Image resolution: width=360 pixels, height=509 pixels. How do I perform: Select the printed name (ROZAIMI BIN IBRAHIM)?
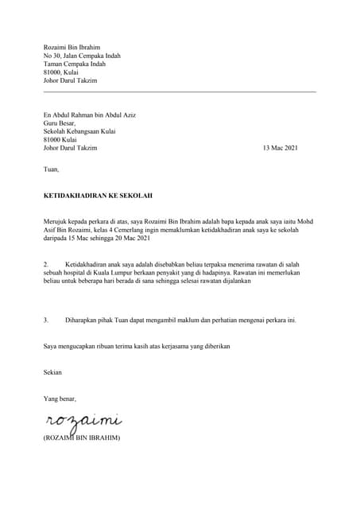pyautogui.click(x=81, y=437)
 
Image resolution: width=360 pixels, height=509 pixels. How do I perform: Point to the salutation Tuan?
pyautogui.click(x=51, y=169)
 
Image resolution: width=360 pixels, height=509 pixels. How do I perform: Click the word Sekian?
pyautogui.click(x=52, y=372)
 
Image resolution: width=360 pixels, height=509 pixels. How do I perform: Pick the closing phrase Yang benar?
pyautogui.click(x=60, y=398)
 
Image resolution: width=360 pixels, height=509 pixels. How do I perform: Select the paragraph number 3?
pyautogui.click(x=46, y=321)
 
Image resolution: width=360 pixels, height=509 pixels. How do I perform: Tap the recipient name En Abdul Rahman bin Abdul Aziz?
pyautogui.click(x=89, y=115)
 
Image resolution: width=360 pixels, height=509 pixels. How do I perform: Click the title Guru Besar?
pyautogui.click(x=61, y=123)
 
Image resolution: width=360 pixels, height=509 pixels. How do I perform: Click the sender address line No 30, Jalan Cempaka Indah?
pyautogui.click(x=81, y=57)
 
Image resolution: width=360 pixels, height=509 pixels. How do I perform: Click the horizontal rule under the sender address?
pyautogui.click(x=180, y=92)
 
